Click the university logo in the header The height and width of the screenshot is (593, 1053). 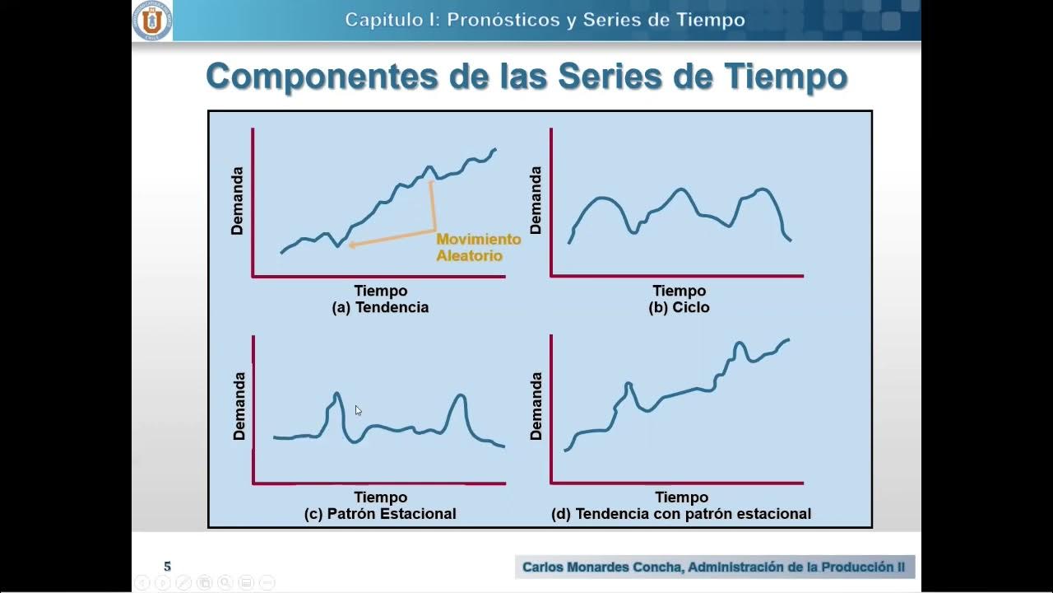152,21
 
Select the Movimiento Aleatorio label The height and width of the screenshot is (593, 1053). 478,247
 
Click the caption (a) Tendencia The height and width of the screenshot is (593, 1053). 380,307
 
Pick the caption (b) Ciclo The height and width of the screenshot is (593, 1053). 679,307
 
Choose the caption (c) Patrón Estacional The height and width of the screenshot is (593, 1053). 380,513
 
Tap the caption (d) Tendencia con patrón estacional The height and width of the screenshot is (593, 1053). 681,513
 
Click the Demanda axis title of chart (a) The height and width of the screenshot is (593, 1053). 238,201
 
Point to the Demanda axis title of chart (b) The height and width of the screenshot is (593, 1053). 536,200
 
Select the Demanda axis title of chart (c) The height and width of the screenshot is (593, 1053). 239,406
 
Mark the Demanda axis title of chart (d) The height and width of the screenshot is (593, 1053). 536,406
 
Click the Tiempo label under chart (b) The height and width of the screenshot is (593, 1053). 680,291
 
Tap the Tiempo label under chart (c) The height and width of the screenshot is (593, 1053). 381,497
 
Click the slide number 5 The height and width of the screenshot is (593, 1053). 168,567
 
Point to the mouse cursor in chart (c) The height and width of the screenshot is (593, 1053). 358,410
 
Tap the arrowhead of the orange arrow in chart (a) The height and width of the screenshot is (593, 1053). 351,245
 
